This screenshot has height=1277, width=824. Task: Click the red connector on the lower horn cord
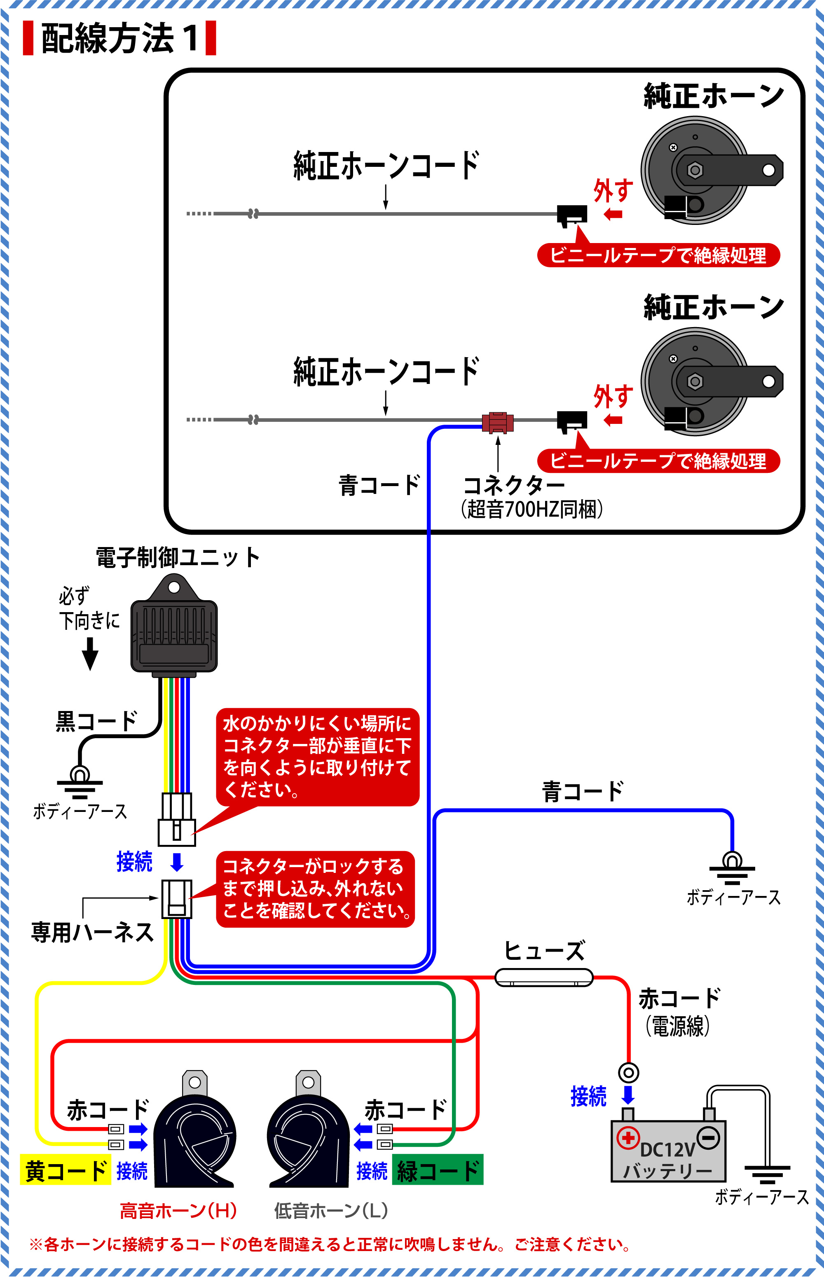(x=498, y=422)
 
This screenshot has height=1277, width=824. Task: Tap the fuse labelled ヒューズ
(x=543, y=978)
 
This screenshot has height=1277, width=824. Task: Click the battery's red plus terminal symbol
(x=628, y=1137)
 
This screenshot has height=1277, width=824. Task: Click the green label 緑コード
(x=437, y=1171)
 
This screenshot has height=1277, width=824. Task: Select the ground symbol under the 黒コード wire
(x=80, y=783)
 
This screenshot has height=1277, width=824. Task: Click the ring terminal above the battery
(x=628, y=1072)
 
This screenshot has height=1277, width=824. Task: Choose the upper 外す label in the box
(x=613, y=190)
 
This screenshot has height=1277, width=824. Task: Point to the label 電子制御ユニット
(x=178, y=557)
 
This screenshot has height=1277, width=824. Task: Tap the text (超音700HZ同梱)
(x=531, y=509)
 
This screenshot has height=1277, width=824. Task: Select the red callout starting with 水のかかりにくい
(x=317, y=756)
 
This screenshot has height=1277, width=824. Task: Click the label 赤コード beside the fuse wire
(x=679, y=998)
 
